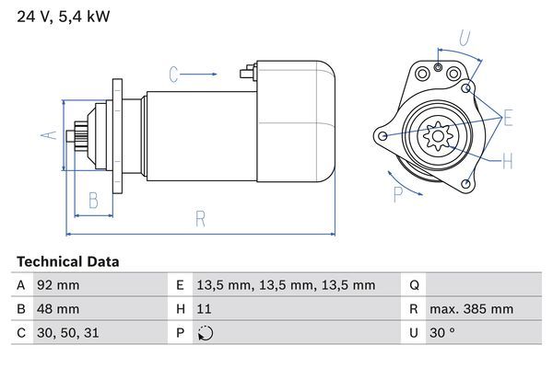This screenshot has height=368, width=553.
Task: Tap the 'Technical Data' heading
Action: click(x=68, y=262)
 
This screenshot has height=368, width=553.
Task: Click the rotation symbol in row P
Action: click(x=206, y=333)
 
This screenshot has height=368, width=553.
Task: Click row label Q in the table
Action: click(x=414, y=285)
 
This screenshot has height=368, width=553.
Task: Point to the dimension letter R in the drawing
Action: click(x=200, y=218)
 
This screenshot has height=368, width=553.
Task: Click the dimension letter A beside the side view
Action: click(x=51, y=135)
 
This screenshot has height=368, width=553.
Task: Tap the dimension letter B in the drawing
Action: click(x=93, y=200)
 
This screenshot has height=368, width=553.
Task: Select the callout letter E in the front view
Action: click(x=508, y=117)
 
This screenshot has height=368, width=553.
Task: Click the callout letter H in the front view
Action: click(x=508, y=163)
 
